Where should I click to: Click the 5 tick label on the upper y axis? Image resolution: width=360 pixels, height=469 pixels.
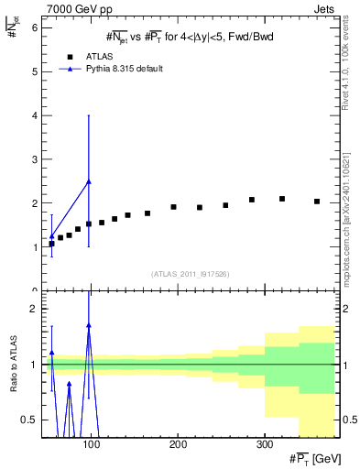pos(34,72)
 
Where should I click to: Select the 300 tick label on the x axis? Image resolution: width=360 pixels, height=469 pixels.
pos(264,443)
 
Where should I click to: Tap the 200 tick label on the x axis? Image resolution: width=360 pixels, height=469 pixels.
pos(178,443)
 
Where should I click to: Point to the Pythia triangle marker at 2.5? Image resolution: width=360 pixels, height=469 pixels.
pos(89,181)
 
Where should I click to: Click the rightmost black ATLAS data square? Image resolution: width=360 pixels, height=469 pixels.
pos(317,202)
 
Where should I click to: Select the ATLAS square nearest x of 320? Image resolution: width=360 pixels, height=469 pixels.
pos(282,199)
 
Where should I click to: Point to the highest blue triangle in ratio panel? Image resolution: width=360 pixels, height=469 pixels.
pos(89,325)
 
